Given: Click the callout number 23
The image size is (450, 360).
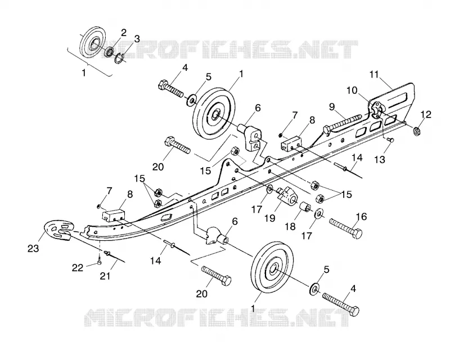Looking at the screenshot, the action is (x=33, y=248).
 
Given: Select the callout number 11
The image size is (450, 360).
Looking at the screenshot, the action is (x=375, y=74).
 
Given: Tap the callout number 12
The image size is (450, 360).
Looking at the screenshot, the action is (x=426, y=115).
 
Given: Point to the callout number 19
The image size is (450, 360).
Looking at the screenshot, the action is (x=270, y=218).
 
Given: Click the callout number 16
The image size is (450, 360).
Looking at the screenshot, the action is (x=361, y=217).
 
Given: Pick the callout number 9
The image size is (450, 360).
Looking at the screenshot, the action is (x=332, y=107).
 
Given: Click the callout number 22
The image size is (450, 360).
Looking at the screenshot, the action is (x=78, y=268).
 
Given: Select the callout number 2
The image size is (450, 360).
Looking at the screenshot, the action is (x=123, y=33).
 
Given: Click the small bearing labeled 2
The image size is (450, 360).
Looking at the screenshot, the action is (x=109, y=52).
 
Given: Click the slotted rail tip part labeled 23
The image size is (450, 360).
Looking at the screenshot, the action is (x=58, y=230).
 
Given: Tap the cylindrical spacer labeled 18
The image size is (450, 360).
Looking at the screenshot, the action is (x=305, y=206).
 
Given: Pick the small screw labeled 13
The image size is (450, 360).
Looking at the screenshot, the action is (x=390, y=139).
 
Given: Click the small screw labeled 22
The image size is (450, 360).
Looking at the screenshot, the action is (x=100, y=262).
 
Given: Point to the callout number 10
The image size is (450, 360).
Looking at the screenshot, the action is (x=352, y=91).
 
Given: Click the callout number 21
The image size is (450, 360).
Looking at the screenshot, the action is (x=106, y=276).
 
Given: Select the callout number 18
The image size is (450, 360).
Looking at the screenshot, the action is (x=290, y=227).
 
